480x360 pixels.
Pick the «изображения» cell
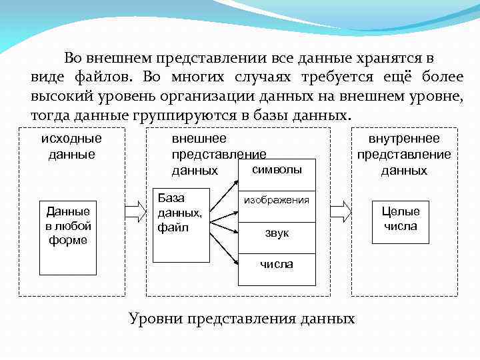point(276,200)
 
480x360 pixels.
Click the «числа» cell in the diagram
point(276,264)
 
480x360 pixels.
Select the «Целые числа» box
point(401,219)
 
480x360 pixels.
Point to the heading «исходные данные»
point(71,147)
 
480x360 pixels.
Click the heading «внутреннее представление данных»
point(404,155)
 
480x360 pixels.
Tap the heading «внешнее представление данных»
point(207,155)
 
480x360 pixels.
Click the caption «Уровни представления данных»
point(241,318)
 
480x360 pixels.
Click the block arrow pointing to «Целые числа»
point(339,212)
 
